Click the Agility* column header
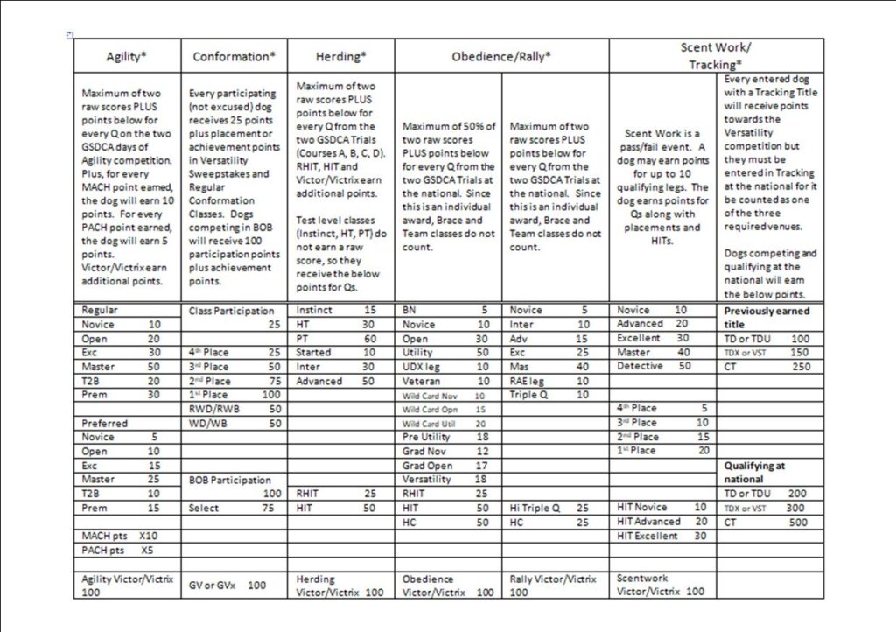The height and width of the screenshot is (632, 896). coord(127,56)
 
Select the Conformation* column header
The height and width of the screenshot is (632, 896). coord(234,56)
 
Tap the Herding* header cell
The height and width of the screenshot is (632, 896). coord(339,56)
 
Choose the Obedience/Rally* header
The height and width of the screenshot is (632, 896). coord(500,56)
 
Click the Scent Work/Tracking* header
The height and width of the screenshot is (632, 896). coord(716,55)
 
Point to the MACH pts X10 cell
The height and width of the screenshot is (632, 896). coord(127,535)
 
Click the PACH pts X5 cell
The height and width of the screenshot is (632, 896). coord(127,550)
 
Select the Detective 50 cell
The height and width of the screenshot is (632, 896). coord(663,366)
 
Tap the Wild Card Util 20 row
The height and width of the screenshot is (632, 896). coord(448,423)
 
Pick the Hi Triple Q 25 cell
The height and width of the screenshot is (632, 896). coord(555,508)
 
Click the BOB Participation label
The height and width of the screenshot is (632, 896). coord(234,480)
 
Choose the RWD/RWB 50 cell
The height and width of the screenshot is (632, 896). coord(234,409)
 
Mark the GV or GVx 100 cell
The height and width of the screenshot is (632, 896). coord(234,585)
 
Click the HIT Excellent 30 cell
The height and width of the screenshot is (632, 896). coord(663,536)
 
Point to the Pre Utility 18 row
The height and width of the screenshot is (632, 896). coord(448,437)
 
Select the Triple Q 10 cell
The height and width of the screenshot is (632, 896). coord(555,395)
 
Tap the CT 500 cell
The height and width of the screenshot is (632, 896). coord(769,522)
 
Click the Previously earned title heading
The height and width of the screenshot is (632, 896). coord(769,317)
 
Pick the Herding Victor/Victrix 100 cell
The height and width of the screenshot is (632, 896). coord(339,586)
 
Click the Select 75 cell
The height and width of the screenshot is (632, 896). coord(234,508)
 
